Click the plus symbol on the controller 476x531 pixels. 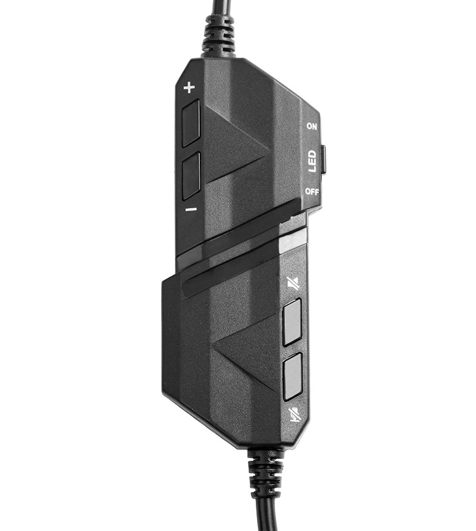[x=189, y=88]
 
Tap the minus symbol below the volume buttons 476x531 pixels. [x=191, y=210]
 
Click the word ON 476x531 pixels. [x=312, y=126]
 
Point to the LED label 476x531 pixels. [x=312, y=161]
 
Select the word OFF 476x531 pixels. [x=312, y=192]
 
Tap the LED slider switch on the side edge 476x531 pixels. [x=323, y=159]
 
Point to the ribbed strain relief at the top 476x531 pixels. [x=220, y=36]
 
